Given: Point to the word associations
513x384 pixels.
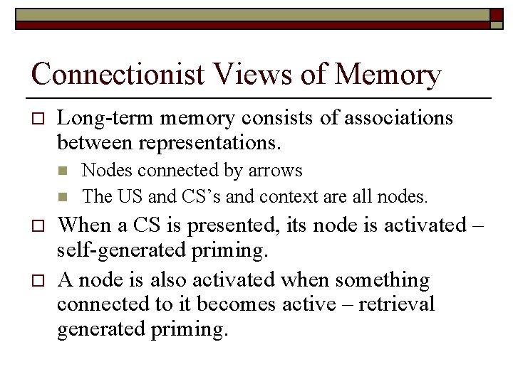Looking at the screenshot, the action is (398, 117).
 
